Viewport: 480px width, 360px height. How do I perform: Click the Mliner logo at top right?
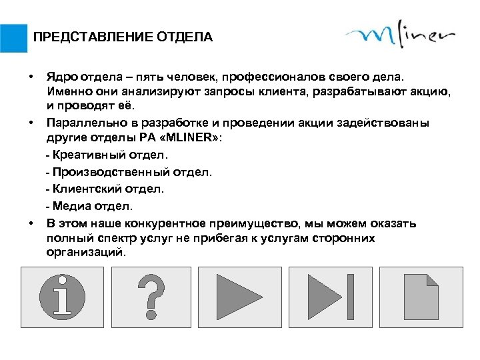coord(400,37)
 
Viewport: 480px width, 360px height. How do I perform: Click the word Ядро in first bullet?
coord(59,79)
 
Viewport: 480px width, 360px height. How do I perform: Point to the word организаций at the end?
coord(85,253)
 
